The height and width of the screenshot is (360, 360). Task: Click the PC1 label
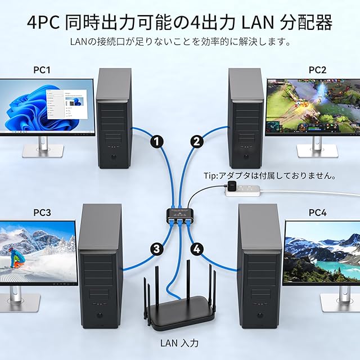[x=42, y=70]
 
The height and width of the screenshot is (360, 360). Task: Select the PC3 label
[x=42, y=213]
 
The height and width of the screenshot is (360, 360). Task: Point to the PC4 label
[x=317, y=213]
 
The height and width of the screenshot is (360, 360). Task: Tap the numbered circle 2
[x=196, y=142]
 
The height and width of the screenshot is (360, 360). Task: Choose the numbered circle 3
[x=157, y=247]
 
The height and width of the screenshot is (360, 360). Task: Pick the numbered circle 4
[x=196, y=247]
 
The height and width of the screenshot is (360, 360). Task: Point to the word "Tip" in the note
[x=210, y=176]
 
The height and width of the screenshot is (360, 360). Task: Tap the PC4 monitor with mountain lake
[x=322, y=252]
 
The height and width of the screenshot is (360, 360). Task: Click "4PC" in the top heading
[x=44, y=22]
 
